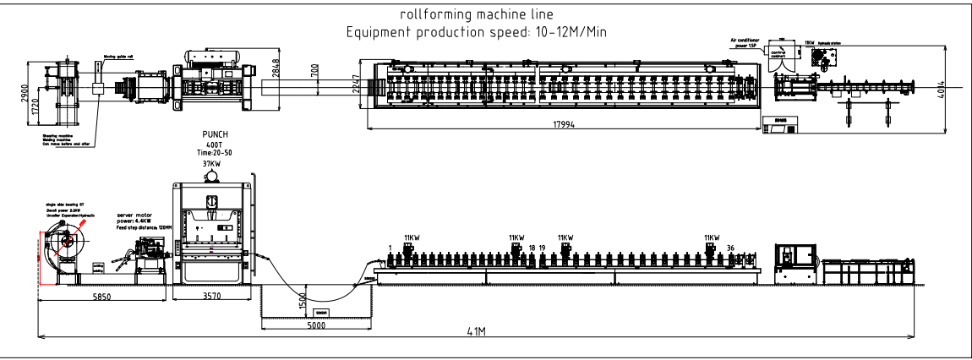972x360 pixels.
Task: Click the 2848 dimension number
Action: tap(276, 78)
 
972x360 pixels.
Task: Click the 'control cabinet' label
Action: tap(778, 57)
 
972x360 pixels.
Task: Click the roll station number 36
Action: tap(730, 248)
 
